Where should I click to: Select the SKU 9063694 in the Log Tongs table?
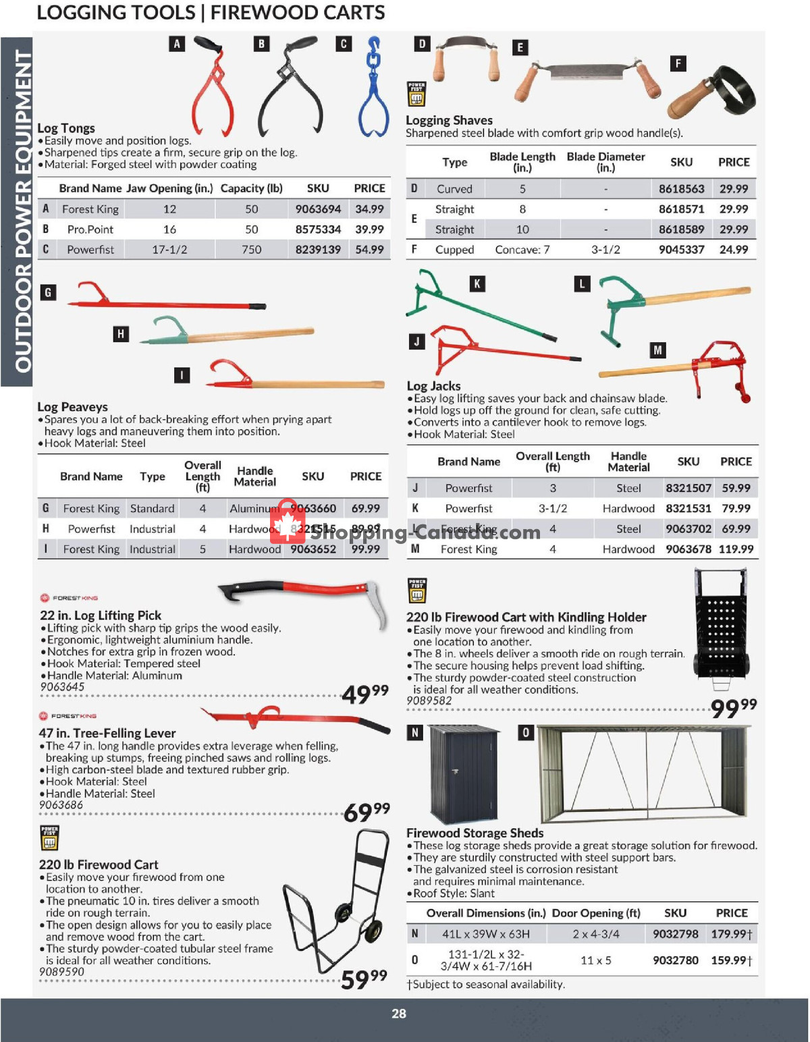318,209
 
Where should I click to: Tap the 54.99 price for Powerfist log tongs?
369,250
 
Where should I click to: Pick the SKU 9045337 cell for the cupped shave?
681,250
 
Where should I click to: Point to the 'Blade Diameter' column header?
605,161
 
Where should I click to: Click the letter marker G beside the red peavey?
48,293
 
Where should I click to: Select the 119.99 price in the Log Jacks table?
736,549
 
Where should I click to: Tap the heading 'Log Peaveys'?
72,407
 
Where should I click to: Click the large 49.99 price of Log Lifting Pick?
365,693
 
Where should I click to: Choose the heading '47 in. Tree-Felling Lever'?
107,733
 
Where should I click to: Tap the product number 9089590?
61,972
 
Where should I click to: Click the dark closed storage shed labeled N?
464,773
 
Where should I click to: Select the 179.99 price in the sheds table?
731,934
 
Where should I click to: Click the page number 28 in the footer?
399,1014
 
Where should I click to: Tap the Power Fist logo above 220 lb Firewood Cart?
49,838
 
